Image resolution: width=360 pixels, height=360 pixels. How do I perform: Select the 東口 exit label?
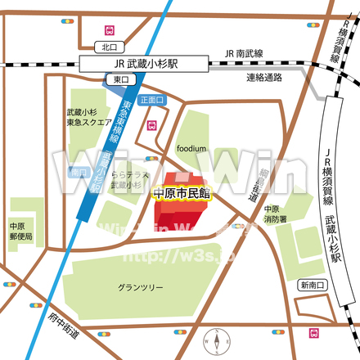[x=120, y=79]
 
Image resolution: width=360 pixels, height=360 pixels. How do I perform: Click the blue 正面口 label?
[x=152, y=100]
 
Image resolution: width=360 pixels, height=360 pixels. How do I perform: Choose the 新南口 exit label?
[x=312, y=285]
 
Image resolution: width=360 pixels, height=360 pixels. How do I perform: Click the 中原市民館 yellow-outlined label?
[x=182, y=194]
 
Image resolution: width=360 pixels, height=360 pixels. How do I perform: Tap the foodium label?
[x=191, y=149]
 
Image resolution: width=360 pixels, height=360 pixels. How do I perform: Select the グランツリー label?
[x=140, y=288]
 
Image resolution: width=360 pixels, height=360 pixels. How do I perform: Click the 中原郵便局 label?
[x=21, y=231]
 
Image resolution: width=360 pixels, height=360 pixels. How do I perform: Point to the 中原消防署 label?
[x=275, y=214]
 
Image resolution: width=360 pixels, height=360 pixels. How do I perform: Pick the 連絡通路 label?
[x=263, y=78]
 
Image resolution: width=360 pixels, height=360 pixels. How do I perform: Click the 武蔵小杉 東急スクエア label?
[x=88, y=119]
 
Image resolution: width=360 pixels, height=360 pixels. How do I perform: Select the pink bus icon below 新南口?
[x=314, y=333]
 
